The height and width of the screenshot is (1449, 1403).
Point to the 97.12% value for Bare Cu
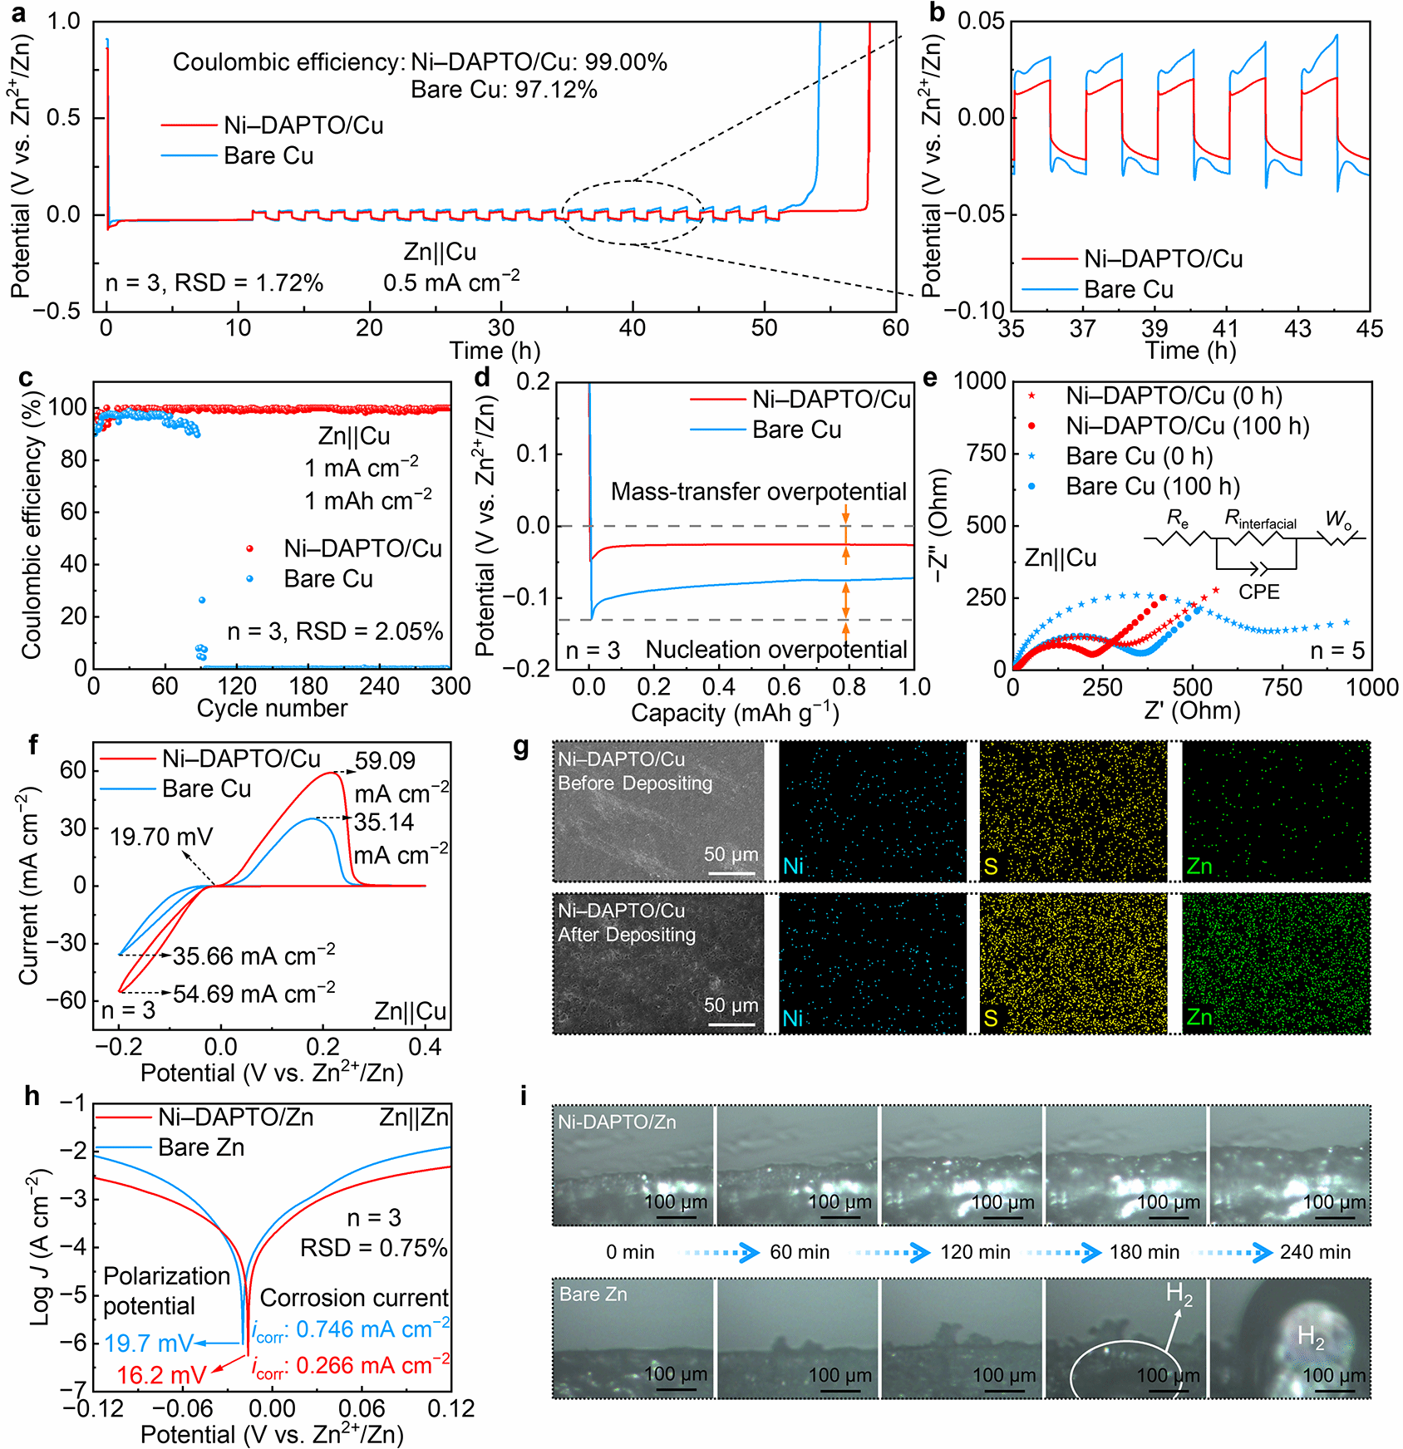coord(555,90)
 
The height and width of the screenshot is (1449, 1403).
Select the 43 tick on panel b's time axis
coord(1297,329)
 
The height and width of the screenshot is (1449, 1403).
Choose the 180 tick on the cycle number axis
coord(308,686)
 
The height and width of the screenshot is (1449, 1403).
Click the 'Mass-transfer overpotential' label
coord(758,492)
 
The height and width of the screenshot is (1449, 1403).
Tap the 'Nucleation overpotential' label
coord(776,650)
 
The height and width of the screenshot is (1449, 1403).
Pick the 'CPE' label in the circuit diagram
coord(1258,592)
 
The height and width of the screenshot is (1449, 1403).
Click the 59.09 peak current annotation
coord(385,761)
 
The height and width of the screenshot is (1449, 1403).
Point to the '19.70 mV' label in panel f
coord(161,837)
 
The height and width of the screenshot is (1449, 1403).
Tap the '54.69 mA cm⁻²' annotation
coord(254,994)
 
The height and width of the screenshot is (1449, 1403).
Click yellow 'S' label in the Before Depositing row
coord(990,867)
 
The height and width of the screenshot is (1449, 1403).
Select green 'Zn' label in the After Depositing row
coord(1199,1017)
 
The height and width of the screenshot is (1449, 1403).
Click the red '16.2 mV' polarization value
coord(161,1375)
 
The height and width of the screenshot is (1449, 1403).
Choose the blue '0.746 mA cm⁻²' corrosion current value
coord(372,1329)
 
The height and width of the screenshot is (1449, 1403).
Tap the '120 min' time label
coord(975,1252)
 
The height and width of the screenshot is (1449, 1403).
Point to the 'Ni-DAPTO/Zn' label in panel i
coord(617,1122)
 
